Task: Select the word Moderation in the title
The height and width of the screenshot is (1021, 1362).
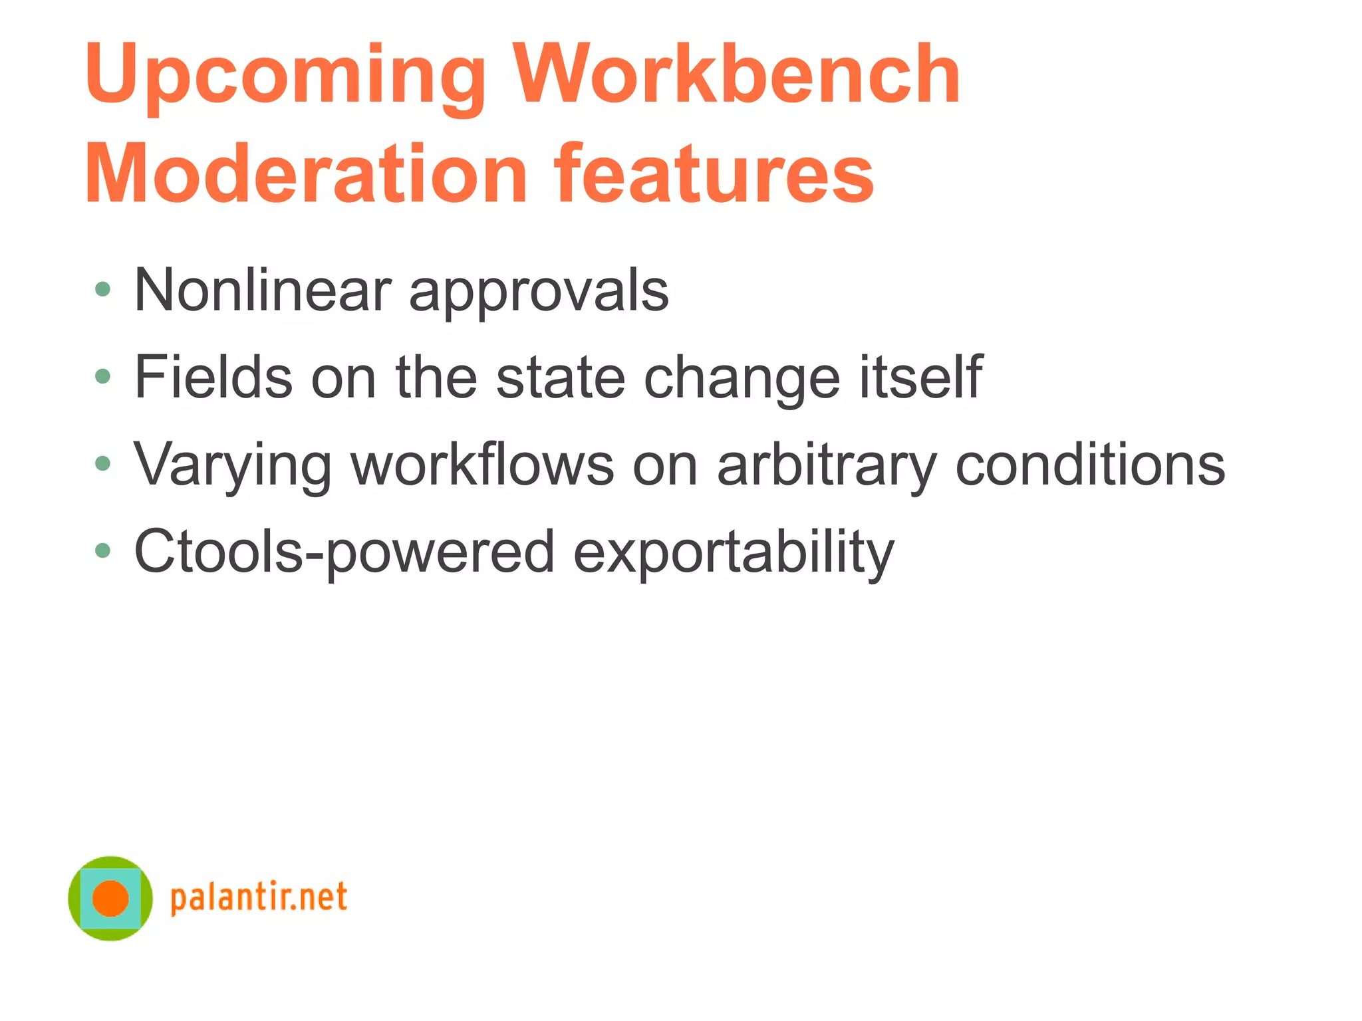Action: (306, 174)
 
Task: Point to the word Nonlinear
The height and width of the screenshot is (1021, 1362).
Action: (263, 290)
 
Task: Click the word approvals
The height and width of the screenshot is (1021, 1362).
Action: (539, 292)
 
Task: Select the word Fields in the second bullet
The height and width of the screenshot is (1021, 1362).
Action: (213, 377)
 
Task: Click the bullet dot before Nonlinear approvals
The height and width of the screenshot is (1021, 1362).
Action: (102, 289)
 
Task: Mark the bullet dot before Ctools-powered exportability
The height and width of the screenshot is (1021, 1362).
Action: (102, 550)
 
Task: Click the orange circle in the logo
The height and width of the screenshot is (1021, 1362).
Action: (110, 898)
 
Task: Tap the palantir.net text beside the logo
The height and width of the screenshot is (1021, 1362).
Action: (259, 898)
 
